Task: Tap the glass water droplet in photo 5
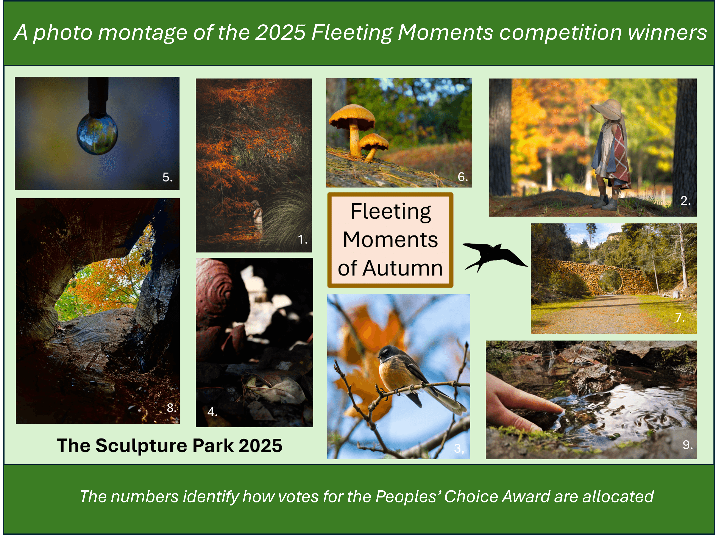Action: coord(97,134)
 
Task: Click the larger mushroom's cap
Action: coord(352,116)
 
